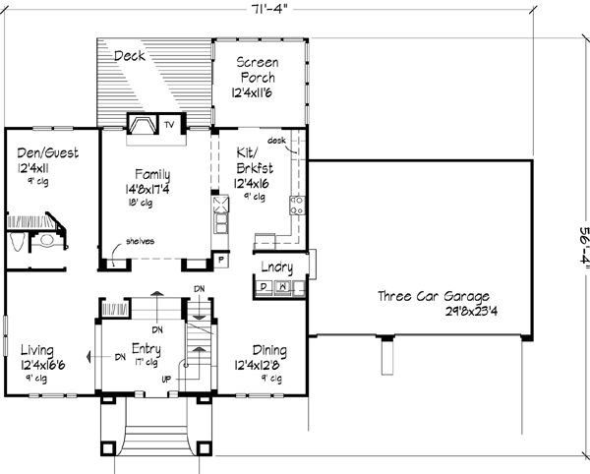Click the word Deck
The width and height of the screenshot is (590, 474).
tap(129, 56)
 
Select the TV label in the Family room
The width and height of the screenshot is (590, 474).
tap(169, 125)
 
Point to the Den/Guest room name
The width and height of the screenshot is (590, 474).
tap(47, 153)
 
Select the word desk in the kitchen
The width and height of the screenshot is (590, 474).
tap(276, 142)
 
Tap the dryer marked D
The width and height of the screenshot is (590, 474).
tap(264, 287)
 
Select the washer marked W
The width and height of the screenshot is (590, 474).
tap(283, 287)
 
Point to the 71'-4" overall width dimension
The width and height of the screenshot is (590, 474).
tap(266, 11)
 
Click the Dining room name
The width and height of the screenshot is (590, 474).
tap(269, 350)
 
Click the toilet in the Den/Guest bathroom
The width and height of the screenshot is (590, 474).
tap(44, 239)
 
